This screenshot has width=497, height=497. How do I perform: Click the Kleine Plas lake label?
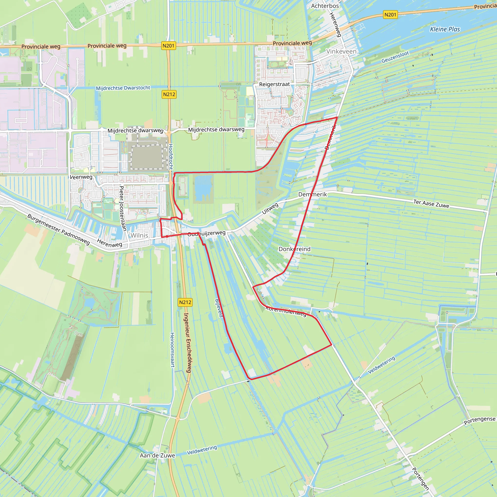pyautogui.click(x=445, y=29)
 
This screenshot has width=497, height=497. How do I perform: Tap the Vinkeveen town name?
pyautogui.click(x=341, y=51)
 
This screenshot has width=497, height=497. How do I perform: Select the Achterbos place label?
pyautogui.click(x=325, y=6)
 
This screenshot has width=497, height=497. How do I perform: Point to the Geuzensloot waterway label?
pyautogui.click(x=395, y=57)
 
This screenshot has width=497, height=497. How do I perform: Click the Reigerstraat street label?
pyautogui.click(x=274, y=84)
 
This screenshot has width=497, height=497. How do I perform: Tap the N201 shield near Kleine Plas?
pyautogui.click(x=390, y=15)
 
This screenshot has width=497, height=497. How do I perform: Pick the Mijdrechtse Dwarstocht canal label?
pyautogui.click(x=123, y=88)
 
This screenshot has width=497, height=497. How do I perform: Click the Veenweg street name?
pyautogui.click(x=81, y=177)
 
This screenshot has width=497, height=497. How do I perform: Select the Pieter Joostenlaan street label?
pyautogui.click(x=123, y=208)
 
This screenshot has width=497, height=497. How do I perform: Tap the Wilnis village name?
pyautogui.click(x=139, y=235)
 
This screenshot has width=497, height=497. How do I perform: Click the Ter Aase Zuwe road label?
pyautogui.click(x=431, y=204)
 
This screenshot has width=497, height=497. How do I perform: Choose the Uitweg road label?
pyautogui.click(x=270, y=208)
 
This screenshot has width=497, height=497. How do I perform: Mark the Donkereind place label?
pyautogui.click(x=295, y=249)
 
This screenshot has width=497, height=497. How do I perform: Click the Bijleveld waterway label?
pyautogui.click(x=219, y=308)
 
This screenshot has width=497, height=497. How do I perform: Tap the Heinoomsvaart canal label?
pyautogui.click(x=172, y=350)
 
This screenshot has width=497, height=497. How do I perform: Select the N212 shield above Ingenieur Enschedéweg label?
pyautogui.click(x=185, y=302)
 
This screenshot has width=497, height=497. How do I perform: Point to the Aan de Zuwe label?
pyautogui.click(x=157, y=456)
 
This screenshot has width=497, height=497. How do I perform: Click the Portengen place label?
pyautogui.click(x=420, y=479)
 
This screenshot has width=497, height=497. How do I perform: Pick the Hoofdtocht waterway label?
pyautogui.click(x=171, y=157)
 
